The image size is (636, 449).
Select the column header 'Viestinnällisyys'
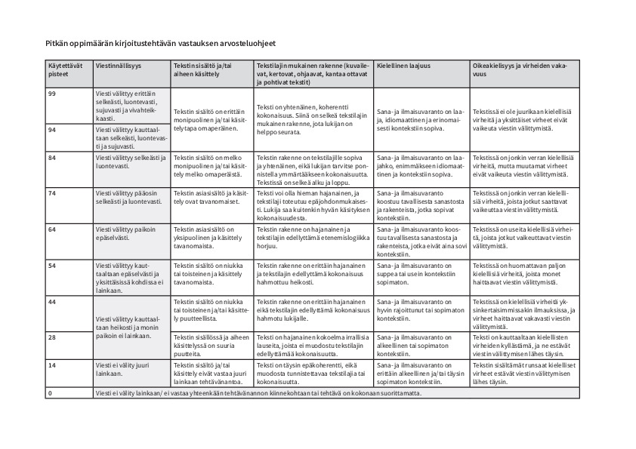119,66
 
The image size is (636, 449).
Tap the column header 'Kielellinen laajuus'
403,66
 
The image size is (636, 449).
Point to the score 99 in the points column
53,92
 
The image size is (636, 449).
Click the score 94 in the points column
53,130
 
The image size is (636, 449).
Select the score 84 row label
53,157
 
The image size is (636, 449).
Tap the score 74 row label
53,193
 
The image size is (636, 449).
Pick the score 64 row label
53,229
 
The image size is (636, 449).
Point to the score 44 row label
53,301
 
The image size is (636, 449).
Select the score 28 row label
53,337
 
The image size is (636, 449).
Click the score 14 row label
53,364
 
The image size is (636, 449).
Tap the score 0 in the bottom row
50,393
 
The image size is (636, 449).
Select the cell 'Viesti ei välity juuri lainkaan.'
121,369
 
